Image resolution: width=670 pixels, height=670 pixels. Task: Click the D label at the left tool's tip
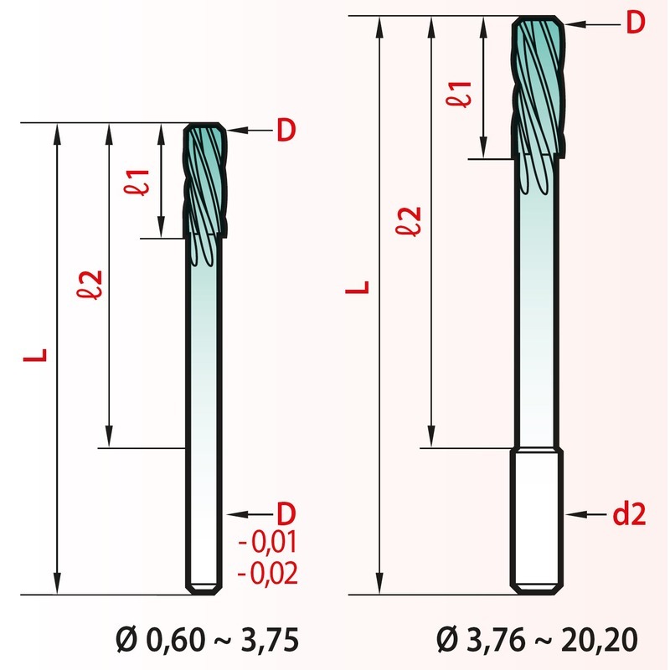coord(286,130)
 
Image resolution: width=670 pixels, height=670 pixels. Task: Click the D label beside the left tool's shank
coord(286,513)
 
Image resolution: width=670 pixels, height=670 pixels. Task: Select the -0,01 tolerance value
coord(267,542)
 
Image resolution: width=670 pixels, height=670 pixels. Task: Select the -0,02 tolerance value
coord(267,573)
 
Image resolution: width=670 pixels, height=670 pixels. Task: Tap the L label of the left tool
coord(35,355)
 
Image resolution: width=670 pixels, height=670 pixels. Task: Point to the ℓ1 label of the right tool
coord(459,94)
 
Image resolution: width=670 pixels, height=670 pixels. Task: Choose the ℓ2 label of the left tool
coord(90,285)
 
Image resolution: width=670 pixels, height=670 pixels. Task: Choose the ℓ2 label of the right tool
coord(409,221)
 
